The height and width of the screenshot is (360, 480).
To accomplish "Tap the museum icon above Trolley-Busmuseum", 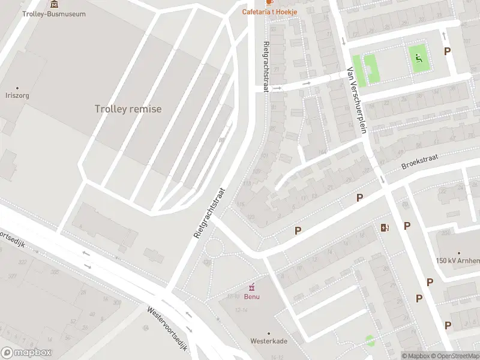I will pyautogui.click(x=55, y=4).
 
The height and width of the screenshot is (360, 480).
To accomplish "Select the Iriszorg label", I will pyautogui.click(x=17, y=95).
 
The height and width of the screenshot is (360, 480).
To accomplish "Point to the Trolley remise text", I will pyautogui.click(x=128, y=109).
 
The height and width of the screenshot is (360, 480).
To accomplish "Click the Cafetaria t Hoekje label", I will pyautogui.click(x=269, y=11).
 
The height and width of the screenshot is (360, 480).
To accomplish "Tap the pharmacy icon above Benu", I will pyautogui.click(x=251, y=286).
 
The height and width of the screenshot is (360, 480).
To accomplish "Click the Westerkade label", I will pyautogui.click(x=268, y=341).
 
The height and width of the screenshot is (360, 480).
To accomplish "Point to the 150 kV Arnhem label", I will pyautogui.click(x=458, y=260).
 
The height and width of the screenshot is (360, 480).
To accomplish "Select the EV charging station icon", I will pyautogui.click(x=385, y=227).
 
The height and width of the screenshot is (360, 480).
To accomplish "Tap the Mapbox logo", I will pyautogui.click(x=26, y=353).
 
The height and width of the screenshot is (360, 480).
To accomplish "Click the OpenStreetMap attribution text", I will pyautogui.click(x=454, y=355).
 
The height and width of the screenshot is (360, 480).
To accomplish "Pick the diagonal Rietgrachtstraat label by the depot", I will pyautogui.click(x=209, y=212).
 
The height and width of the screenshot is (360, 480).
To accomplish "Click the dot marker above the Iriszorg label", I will pyautogui.click(x=17, y=88).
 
